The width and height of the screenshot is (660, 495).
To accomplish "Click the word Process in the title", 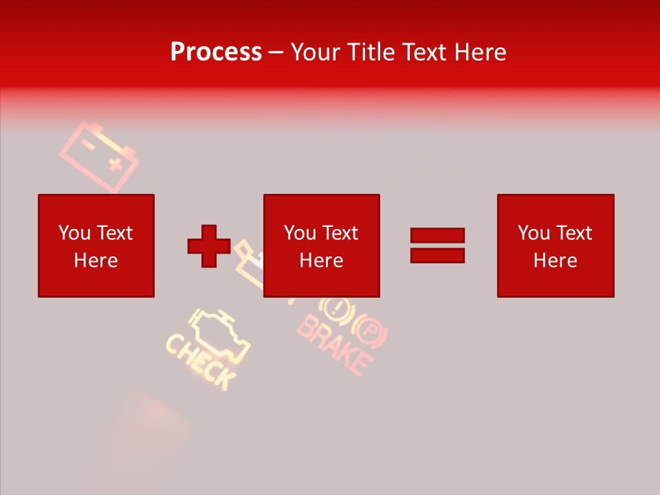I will coord(216,52).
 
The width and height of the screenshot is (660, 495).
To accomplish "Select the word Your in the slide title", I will coord(315,52).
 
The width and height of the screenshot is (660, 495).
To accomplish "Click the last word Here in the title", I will coord(481,52).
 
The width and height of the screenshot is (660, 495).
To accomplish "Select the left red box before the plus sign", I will coord(96,245).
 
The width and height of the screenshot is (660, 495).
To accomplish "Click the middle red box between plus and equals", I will coord(321,245).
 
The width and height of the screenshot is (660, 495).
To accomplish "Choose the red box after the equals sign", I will coord(555,245).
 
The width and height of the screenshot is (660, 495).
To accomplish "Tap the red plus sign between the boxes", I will coord(209,245).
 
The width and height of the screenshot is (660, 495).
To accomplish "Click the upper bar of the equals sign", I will coord(437,235).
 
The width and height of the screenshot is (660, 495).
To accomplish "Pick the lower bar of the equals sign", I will coord(437,255).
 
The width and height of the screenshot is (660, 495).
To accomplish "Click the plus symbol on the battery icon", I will coord(115,164).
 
